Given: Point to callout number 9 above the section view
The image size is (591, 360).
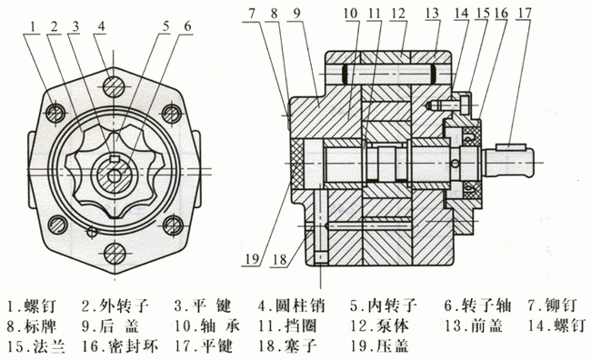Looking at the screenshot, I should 296,15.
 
